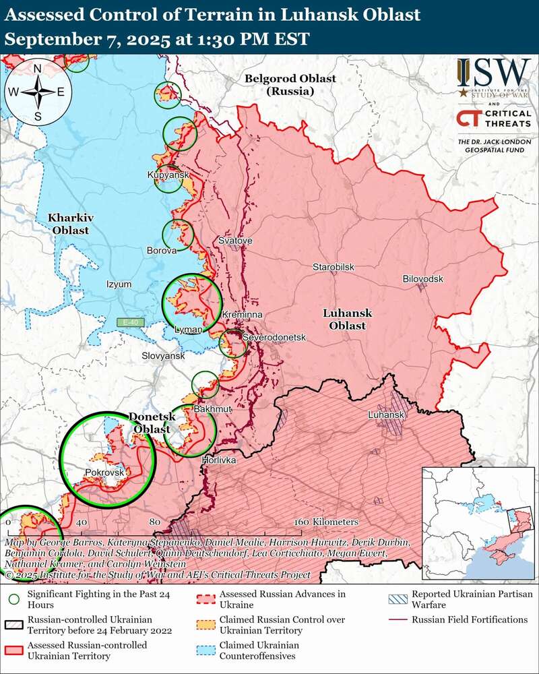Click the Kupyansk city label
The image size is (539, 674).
(x=167, y=175)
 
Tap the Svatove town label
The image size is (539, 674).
(x=235, y=241)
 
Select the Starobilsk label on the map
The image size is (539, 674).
(x=333, y=268)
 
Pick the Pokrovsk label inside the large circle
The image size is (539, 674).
(x=105, y=473)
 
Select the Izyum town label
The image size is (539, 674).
(x=119, y=284)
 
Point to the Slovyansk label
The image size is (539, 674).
(x=162, y=355)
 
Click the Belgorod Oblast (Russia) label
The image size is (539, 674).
(x=290, y=84)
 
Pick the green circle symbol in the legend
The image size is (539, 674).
(x=12, y=597)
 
